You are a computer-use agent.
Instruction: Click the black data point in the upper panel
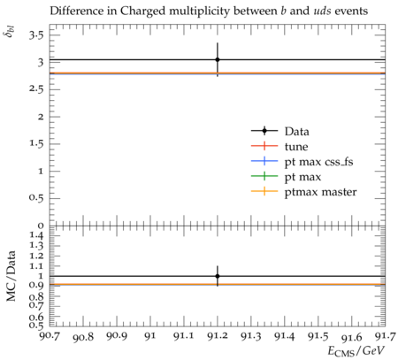pyautogui.click(x=218, y=59)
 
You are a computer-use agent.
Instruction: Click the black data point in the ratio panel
pyautogui.click(x=218, y=276)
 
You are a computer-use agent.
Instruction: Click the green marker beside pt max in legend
pyautogui.click(x=264, y=176)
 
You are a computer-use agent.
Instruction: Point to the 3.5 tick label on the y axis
pyautogui.click(x=36, y=35)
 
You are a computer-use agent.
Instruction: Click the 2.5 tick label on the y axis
pyautogui.click(x=36, y=89)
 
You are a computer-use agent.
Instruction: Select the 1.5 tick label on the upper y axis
pyautogui.click(x=36, y=144)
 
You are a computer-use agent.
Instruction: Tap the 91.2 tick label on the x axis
pyautogui.click(x=218, y=335)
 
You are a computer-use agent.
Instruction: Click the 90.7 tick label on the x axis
pyautogui.click(x=50, y=335)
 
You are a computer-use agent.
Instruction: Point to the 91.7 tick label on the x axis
pyautogui.click(x=385, y=335)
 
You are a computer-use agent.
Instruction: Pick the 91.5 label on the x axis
pyautogui.click(x=318, y=335)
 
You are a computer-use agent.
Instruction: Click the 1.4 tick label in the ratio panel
pyautogui.click(x=36, y=235)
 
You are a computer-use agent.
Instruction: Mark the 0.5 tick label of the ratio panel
pyautogui.click(x=36, y=326)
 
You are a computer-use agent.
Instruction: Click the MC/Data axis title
pyautogui.click(x=11, y=276)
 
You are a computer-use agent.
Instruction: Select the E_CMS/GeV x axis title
pyautogui.click(x=356, y=351)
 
